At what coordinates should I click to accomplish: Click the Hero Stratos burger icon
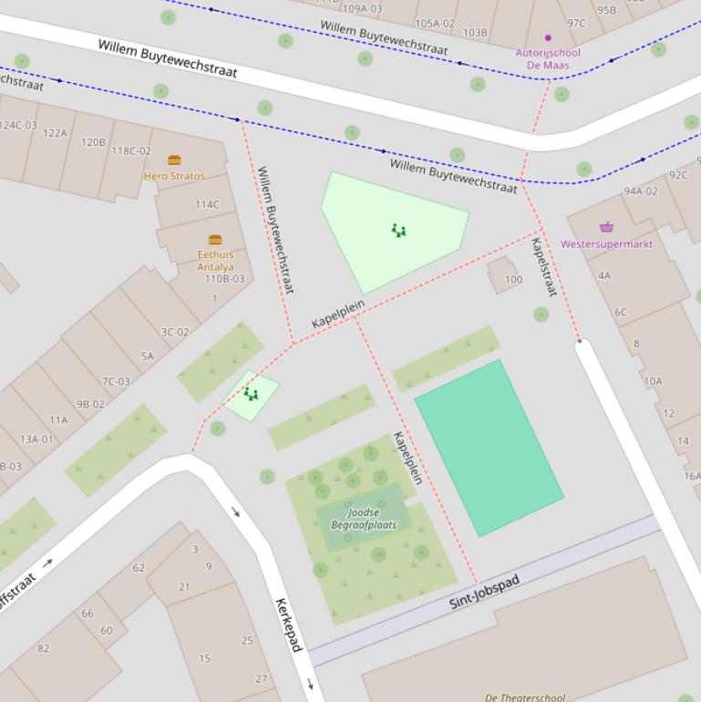[x=174, y=160]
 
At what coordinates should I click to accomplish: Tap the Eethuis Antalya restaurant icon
[x=215, y=241]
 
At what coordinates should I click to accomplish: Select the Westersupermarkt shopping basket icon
[x=606, y=228]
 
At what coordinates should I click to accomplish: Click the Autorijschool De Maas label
[x=548, y=58]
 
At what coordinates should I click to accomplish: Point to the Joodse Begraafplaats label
[x=363, y=519]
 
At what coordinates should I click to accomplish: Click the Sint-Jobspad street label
[x=484, y=591]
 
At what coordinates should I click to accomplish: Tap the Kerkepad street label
[x=288, y=625]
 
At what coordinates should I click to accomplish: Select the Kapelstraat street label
[x=543, y=267]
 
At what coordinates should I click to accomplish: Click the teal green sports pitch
[x=489, y=447]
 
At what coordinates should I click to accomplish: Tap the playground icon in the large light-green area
[x=398, y=231]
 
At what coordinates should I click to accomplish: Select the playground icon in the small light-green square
[x=251, y=394]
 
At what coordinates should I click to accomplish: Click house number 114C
[x=207, y=204]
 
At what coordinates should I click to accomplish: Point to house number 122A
[x=55, y=133]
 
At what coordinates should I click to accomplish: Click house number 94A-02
[x=640, y=191]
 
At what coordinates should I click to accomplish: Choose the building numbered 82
[x=43, y=648]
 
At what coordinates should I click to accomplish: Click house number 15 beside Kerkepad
[x=204, y=658]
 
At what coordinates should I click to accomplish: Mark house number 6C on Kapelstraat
[x=620, y=312]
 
